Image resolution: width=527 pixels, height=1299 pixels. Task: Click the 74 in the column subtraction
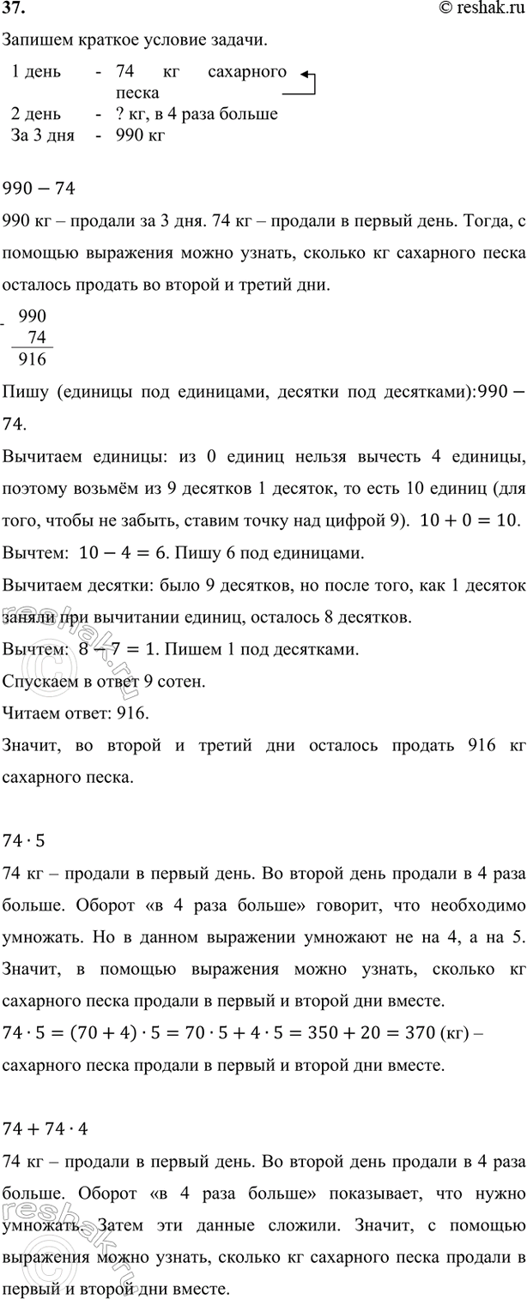[37, 338]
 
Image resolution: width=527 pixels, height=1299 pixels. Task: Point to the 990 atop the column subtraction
[33, 317]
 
